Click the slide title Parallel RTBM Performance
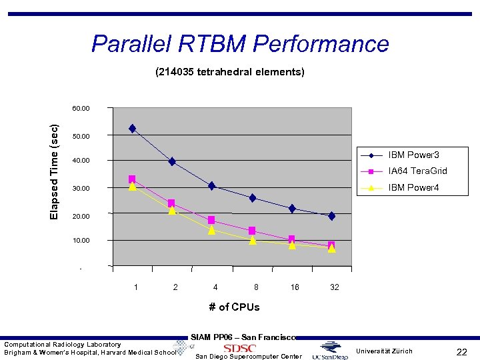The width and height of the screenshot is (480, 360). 240,44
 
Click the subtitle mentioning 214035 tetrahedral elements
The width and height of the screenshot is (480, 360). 230,71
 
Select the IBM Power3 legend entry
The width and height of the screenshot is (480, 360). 413,155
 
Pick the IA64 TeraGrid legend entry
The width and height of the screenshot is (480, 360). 417,171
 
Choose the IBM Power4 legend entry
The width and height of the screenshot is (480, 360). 413,187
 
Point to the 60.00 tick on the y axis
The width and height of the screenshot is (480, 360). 81,108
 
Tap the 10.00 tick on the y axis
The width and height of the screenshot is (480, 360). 81,240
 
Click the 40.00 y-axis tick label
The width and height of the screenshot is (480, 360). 81,161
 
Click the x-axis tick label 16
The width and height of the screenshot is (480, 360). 294,287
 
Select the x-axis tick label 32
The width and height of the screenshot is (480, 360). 335,287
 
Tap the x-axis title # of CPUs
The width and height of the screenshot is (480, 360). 234,307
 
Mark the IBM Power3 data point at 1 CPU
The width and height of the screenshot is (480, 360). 133,128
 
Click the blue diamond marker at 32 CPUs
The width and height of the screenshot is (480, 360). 331,216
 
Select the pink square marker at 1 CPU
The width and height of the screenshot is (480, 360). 132,179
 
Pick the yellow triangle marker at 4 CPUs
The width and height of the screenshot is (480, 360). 211,230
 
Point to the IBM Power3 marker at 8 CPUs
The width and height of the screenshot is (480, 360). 253,198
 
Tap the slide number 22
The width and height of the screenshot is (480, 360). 461,351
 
